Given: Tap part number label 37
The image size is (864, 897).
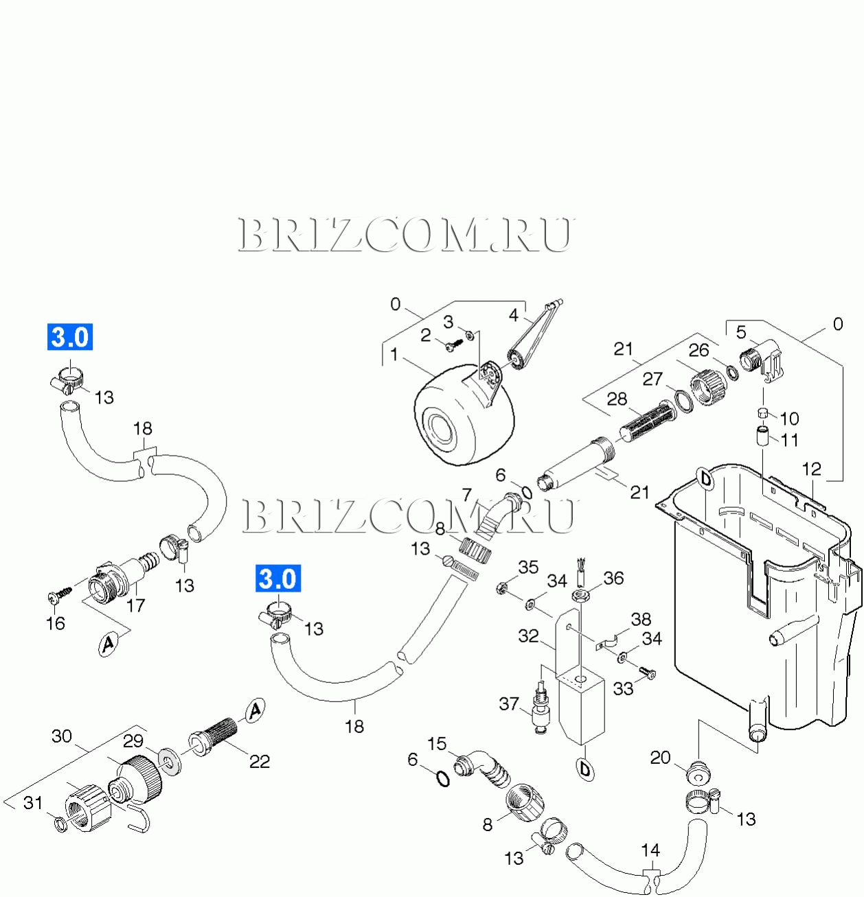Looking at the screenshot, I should click(509, 703).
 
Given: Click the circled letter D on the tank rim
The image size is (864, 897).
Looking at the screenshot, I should click(705, 480).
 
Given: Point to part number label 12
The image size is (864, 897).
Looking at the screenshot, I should click(812, 469).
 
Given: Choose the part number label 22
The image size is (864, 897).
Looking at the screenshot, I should click(260, 761).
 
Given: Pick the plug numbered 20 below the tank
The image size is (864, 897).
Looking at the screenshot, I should click(698, 772).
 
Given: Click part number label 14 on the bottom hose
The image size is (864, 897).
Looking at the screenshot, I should click(650, 851).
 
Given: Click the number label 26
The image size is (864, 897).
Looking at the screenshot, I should click(698, 350).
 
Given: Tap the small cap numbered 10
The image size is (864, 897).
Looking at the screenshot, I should click(762, 412).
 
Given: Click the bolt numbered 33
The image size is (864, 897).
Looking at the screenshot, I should click(648, 673).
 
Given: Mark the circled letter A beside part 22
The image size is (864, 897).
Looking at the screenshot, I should click(255, 710).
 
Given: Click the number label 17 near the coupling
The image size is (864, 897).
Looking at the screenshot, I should click(136, 605).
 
